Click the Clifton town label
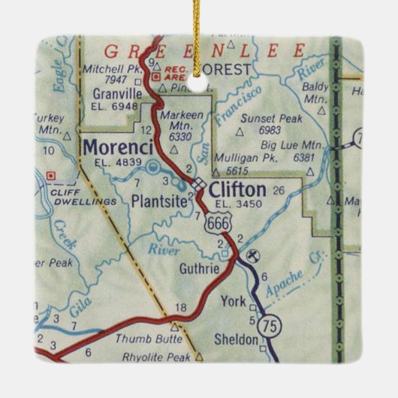point(238,188)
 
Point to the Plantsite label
point(158,201)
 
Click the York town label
point(234,302)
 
